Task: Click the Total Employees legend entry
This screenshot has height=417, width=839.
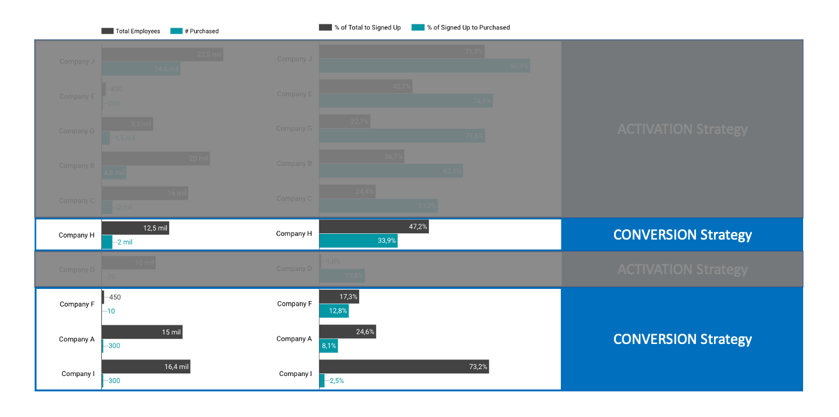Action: coord(131,31)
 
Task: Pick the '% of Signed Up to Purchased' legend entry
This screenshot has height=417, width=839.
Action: coord(461,28)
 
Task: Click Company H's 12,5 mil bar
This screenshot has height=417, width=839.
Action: coord(135,228)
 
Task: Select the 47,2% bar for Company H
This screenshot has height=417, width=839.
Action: coord(374,227)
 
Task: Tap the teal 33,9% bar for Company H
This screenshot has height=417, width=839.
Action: coord(358,241)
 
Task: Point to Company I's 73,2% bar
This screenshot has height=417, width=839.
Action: coord(404,366)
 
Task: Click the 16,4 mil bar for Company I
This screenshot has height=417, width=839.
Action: coord(146,367)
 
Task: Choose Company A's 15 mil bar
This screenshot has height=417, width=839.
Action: coord(142,332)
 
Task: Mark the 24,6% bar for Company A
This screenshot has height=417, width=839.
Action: coord(347,332)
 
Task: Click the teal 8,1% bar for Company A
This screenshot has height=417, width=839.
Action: coord(328,346)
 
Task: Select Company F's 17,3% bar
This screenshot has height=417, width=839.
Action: coord(339,297)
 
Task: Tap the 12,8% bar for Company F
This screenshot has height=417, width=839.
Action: coord(334,311)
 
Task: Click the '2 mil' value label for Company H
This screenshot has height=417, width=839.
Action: coord(124,242)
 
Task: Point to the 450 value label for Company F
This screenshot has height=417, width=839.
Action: coord(115,297)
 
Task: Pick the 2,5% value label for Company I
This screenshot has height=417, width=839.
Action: coord(337,380)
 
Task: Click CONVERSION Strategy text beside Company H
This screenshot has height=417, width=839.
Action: coord(682,235)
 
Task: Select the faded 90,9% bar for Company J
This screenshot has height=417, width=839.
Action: coord(424,65)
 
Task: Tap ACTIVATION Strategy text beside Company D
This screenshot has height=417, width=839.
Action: coord(682,270)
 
